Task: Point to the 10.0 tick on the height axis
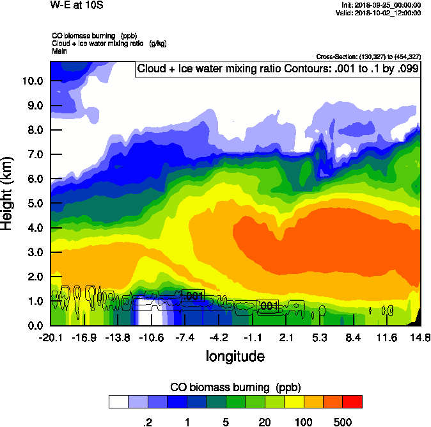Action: pyautogui.click(x=31, y=81)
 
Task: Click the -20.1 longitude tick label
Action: pyautogui.click(x=50, y=337)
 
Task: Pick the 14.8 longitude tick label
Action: pyautogui.click(x=419, y=337)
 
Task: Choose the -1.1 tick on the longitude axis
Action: pyautogui.click(x=253, y=337)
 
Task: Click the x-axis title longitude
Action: pyautogui.click(x=235, y=356)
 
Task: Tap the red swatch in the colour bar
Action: pyautogui.click(x=352, y=401)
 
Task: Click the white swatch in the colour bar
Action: pyautogui.click(x=118, y=401)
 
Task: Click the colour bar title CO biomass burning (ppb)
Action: pyautogui.click(x=235, y=387)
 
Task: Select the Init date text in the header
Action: pyautogui.click(x=381, y=5)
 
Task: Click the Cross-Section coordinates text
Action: pyautogui.click(x=368, y=57)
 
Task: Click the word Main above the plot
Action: pyautogui.click(x=59, y=50)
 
